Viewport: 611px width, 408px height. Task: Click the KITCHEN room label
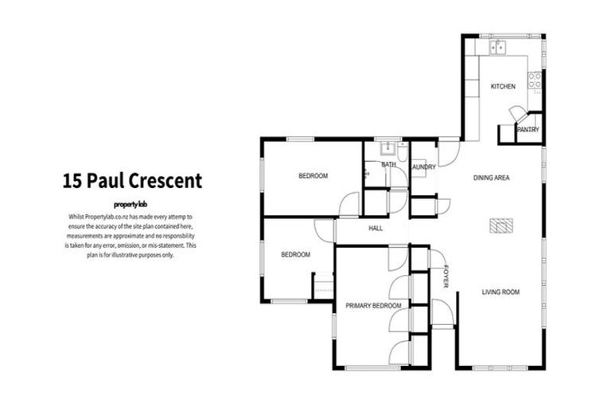503,86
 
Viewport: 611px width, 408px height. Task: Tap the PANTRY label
528,129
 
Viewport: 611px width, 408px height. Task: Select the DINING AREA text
491,178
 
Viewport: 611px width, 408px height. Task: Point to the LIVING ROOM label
500,292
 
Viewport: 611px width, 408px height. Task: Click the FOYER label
446,275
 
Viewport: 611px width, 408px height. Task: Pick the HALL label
376,228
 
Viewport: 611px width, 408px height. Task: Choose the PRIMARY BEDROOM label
372,305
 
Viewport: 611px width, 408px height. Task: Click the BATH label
388,165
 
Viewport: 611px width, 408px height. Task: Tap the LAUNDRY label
423,167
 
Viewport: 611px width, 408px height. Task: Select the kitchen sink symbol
499,46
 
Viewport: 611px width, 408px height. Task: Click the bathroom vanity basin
387,148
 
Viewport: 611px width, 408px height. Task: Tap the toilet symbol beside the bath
368,170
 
